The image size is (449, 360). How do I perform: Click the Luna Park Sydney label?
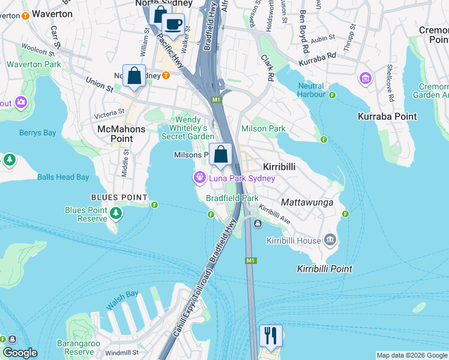[x=242, y=178]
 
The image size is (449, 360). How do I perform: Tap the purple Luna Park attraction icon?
[x=199, y=178]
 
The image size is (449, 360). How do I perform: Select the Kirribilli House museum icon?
[x=330, y=241]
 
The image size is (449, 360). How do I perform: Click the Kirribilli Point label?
[x=324, y=269]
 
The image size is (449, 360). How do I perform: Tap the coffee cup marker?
[x=173, y=25]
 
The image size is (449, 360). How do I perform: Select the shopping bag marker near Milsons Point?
[x=221, y=155]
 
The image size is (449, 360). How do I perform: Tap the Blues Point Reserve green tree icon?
[x=116, y=213]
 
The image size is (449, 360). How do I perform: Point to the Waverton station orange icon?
[x=25, y=15]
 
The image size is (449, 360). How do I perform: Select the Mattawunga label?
[x=307, y=203]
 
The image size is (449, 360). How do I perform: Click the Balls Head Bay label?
[x=63, y=177]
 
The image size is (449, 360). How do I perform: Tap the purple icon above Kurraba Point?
[x=365, y=78]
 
